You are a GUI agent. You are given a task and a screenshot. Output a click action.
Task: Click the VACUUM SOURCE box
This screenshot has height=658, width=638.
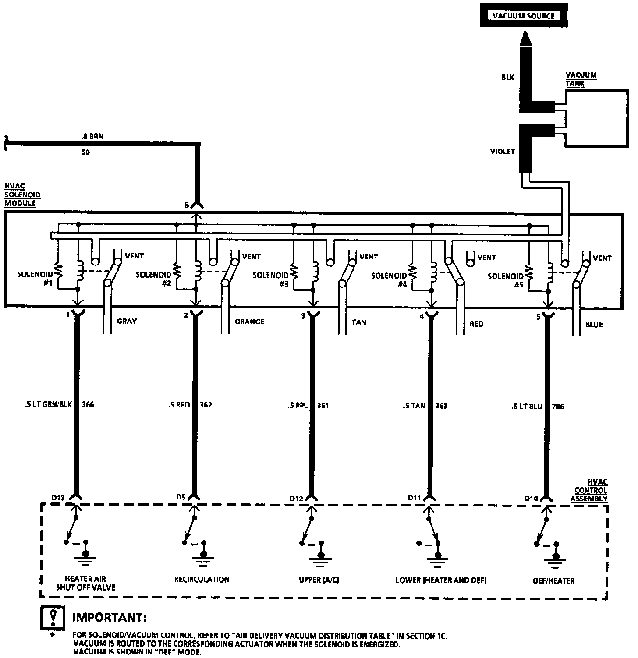coord(524,16)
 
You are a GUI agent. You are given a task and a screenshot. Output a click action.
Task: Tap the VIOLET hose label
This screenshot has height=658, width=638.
coord(502,152)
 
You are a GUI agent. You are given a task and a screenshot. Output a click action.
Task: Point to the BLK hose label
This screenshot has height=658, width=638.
coord(507,78)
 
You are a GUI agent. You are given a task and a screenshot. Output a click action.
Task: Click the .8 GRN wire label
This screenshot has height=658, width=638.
coord(92,137)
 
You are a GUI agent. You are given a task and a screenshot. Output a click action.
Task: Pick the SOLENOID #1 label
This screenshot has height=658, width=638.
coord(35,278)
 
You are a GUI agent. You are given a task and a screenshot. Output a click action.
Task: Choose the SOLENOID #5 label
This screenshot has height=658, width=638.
coord(506,280)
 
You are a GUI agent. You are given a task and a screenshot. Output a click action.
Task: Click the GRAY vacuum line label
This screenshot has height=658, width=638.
coord(127,321)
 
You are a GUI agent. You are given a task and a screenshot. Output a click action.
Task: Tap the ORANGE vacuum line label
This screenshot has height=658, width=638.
coord(249,322)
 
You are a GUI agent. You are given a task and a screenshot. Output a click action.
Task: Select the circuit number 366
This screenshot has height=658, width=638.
coord(88,404)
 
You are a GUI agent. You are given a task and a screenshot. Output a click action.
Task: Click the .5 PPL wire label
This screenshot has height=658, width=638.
coord(298,406)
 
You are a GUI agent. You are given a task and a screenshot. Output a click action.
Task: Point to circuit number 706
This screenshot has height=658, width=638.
coord(558,407)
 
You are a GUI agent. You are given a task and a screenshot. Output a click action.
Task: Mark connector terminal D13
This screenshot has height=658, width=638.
coord(58,498)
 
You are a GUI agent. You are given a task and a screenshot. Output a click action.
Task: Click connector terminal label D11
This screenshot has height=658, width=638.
coord(414,498)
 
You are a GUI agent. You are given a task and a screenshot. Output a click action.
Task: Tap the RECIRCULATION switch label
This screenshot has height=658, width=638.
coord(202,579)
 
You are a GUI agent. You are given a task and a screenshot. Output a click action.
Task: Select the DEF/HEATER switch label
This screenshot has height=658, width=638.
coord(553,580)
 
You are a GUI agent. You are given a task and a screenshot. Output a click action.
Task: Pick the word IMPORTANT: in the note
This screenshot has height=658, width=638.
coord(109,618)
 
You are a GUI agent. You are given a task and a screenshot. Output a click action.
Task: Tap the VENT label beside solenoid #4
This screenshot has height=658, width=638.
coord(486,258)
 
